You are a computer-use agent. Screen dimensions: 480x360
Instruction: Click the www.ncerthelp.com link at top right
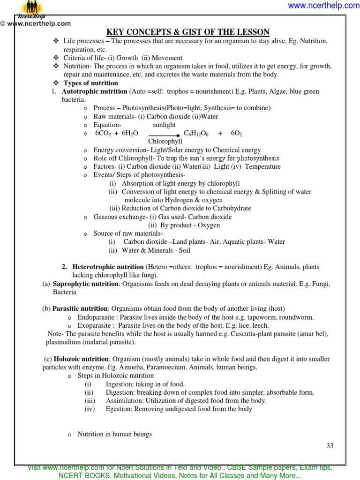tap(323, 6)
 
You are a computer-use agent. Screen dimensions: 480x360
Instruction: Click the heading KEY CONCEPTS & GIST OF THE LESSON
tap(188, 32)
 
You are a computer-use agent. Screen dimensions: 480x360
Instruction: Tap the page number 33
tap(330, 446)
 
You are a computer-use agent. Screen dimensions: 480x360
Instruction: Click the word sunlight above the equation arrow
tap(164, 125)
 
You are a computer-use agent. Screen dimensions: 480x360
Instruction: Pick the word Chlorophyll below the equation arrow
tap(165, 142)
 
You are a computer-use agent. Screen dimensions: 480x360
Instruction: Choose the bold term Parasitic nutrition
tap(80, 308)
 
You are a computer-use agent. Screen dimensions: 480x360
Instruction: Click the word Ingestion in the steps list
tap(120, 384)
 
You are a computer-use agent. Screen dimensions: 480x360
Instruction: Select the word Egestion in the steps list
tap(119, 409)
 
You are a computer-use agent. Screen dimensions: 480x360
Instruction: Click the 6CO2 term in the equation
tap(103, 134)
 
